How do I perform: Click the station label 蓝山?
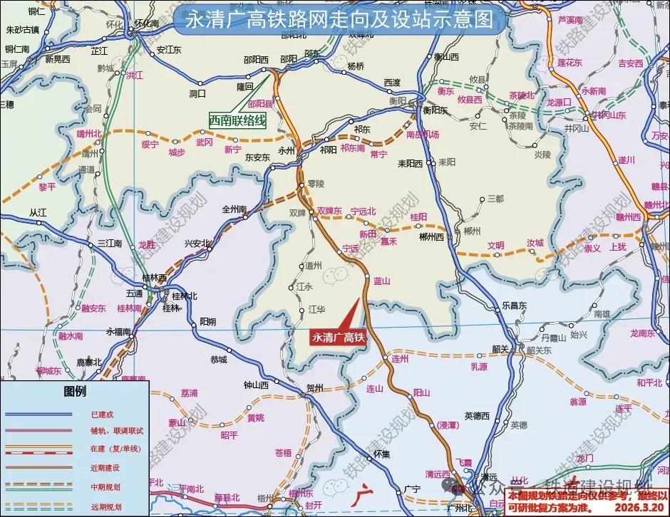tap(382, 281)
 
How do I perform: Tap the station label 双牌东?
tap(329, 211)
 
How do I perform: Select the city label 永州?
tap(286, 150)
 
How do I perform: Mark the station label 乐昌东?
tap(513, 305)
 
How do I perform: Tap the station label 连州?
tap(401, 360)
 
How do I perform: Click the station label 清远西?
tap(438, 474)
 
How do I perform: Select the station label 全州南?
tap(234, 209)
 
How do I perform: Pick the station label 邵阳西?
tap(254, 59)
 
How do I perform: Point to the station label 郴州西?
tap(431, 236)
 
